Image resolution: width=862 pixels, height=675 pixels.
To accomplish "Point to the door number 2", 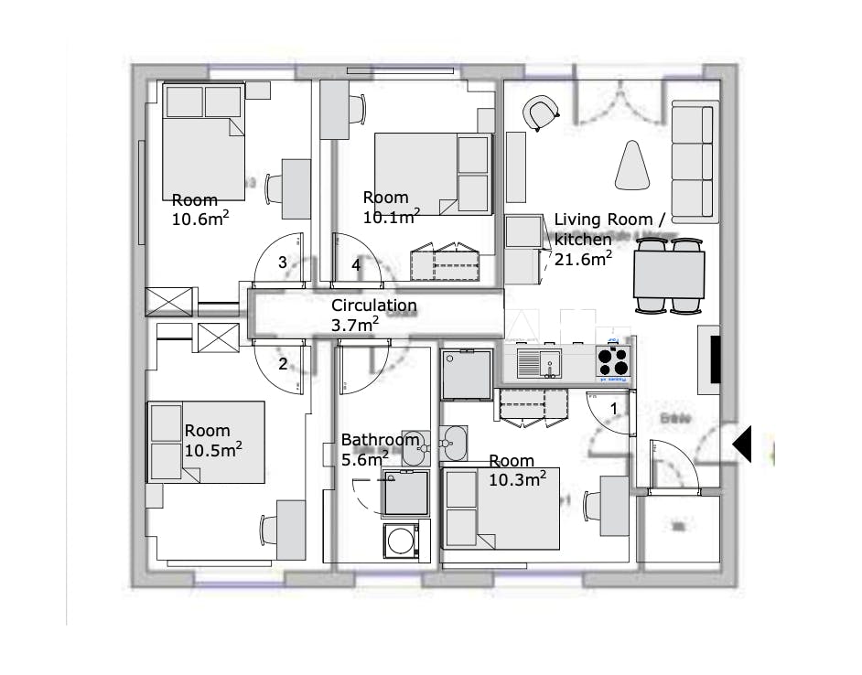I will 283,364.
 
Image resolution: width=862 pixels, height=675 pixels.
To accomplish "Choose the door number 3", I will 283,262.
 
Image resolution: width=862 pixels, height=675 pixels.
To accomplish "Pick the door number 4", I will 356,265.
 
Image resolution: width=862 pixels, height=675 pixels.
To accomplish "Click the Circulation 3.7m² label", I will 373,315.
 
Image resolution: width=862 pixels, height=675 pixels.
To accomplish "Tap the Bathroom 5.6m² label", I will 379,448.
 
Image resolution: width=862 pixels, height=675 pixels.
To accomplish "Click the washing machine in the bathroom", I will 400,541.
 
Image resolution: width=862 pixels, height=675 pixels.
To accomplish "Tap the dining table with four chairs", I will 669,273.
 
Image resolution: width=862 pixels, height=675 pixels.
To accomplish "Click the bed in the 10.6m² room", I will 204,137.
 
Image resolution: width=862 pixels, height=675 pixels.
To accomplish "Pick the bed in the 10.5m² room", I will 207,442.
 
